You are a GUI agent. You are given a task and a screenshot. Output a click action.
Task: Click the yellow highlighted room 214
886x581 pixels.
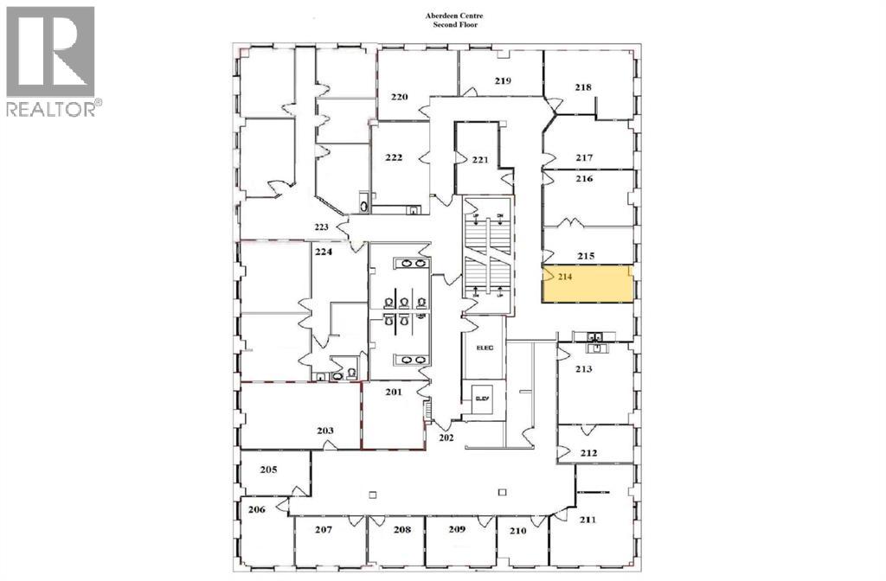click(587, 284)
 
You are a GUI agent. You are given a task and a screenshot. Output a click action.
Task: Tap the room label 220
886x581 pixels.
click(399, 97)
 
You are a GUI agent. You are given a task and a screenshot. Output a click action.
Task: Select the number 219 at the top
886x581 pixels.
click(504, 81)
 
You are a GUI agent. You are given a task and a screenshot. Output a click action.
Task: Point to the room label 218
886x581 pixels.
click(583, 86)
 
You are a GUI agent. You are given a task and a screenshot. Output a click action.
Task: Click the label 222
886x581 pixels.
click(393, 156)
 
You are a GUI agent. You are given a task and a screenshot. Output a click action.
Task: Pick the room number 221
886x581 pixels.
click(481, 160)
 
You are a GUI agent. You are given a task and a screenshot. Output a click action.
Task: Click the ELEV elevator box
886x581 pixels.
click(482, 399)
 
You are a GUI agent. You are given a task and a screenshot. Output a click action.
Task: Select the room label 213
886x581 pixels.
click(582, 369)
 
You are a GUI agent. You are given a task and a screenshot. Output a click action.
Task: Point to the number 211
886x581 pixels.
click(587, 520)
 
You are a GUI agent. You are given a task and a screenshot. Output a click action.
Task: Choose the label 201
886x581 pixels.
click(394, 393)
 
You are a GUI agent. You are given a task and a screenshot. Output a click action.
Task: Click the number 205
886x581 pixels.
click(268, 470)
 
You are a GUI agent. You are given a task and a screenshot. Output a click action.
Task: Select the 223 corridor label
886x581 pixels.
click(322, 227)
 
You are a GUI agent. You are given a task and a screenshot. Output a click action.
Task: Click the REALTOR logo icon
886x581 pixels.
click(50, 52)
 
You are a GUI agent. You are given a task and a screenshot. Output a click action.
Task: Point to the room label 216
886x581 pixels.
click(584, 179)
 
